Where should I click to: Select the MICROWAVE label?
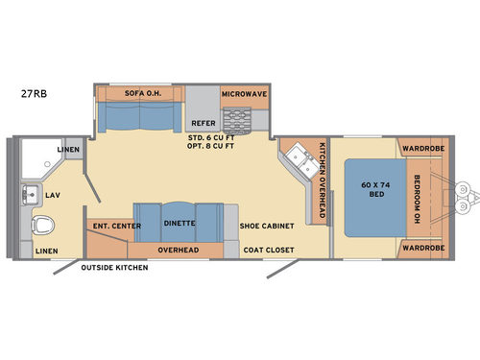245,94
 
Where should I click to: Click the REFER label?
203,123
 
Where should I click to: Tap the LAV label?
54,195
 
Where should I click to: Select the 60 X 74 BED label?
364,188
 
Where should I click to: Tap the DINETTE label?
179,224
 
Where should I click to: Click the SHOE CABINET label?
264,226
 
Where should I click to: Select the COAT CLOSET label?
268,250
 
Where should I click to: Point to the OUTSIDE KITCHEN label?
114,268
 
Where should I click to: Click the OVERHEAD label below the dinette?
179,250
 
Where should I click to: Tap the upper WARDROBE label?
420,149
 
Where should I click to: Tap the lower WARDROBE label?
420,248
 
